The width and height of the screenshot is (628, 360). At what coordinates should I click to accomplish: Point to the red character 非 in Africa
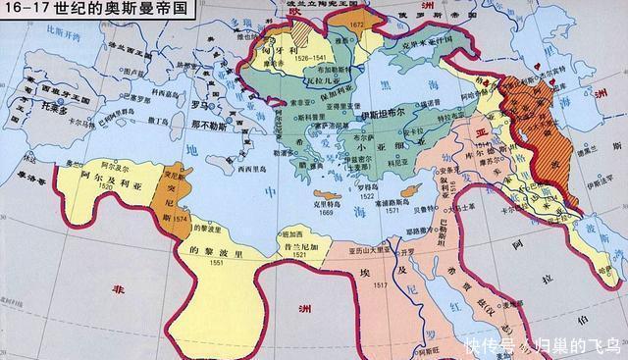119,291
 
